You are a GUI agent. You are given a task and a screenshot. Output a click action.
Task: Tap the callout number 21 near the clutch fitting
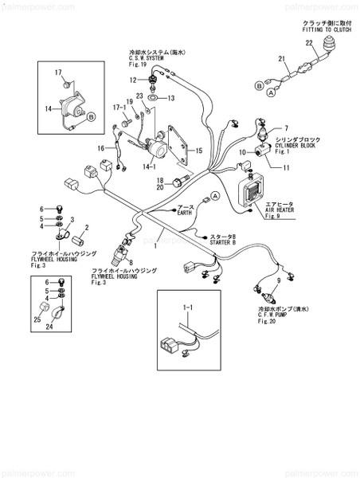[280, 59]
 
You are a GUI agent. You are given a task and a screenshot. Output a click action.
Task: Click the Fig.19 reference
[139, 65]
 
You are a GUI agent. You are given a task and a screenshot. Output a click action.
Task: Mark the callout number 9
[277, 281]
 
